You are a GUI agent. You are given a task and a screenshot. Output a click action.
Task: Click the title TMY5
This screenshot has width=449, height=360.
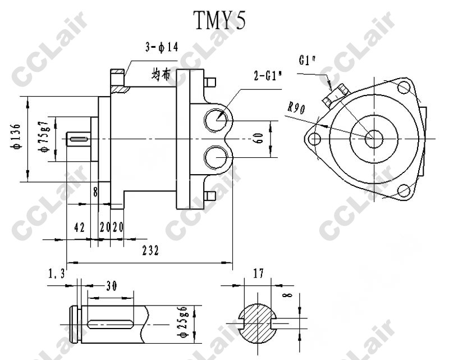click(x=219, y=21)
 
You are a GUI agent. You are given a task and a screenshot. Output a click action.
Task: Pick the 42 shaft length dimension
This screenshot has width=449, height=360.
click(x=79, y=227)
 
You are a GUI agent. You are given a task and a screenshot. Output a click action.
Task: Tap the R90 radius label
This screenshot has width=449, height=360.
click(x=295, y=108)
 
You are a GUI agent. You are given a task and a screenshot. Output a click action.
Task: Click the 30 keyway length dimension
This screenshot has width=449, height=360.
click(x=111, y=286)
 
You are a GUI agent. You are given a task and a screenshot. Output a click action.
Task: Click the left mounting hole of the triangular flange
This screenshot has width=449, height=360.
click(x=315, y=138)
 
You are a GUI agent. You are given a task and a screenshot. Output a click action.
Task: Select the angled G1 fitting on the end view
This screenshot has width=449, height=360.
click(x=335, y=94)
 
